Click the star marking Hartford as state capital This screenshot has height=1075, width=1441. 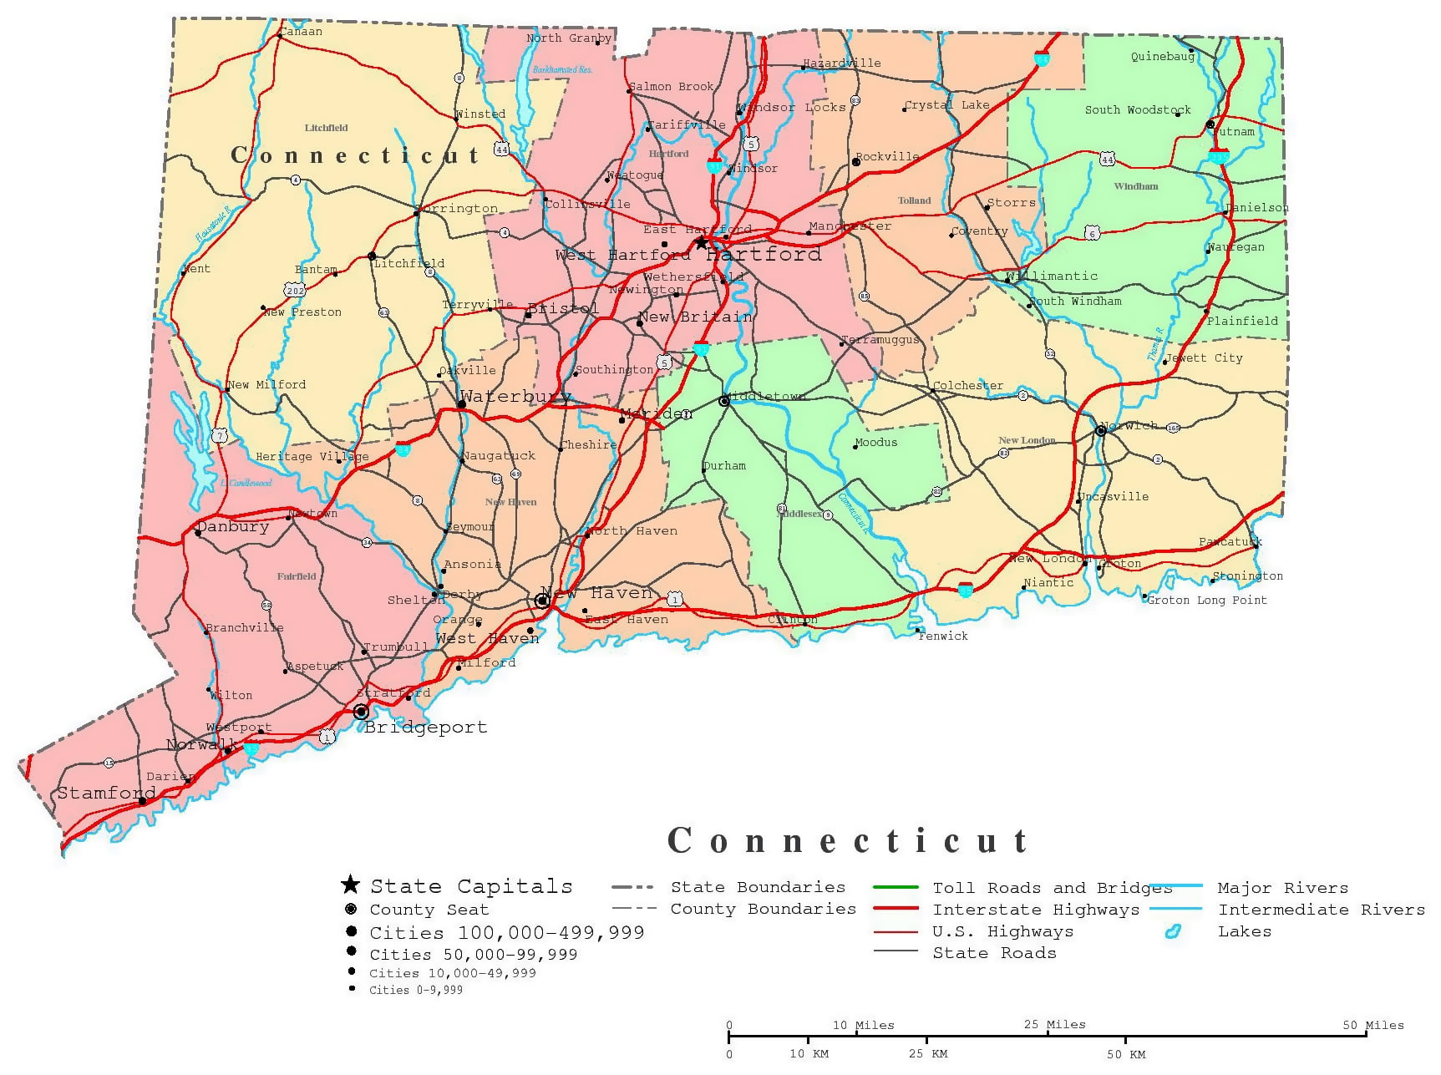point(701,243)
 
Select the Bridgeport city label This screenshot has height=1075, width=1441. point(426,728)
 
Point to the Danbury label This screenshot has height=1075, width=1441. point(233,527)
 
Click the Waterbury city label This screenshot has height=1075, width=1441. point(515,397)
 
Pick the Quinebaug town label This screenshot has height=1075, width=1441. point(1163,57)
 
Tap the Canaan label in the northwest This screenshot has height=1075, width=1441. point(300,32)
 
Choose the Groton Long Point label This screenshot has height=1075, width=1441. point(1207,600)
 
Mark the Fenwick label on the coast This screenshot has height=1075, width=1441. point(943,636)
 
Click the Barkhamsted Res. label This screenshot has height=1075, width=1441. point(562,69)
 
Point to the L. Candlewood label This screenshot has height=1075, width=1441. point(246,483)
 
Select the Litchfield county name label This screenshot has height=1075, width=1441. point(326,128)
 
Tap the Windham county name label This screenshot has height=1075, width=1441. point(1136,186)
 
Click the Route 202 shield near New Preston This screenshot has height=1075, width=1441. point(294,290)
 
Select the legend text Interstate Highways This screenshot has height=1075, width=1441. point(1036,910)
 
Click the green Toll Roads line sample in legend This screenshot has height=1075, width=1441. point(896,887)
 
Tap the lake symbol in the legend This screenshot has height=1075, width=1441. point(1173,931)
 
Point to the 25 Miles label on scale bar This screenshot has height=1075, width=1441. point(1054,1024)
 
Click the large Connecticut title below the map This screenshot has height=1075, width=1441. point(848,840)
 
